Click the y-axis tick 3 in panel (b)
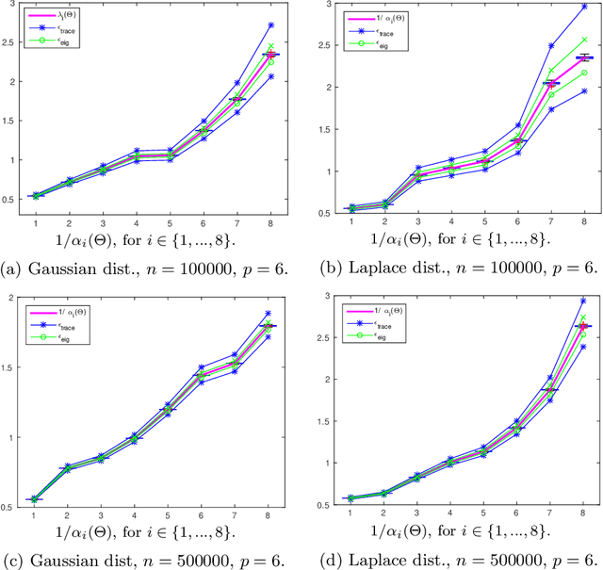(x=319, y=6)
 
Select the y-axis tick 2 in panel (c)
(x=13, y=299)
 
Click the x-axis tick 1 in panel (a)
(x=36, y=223)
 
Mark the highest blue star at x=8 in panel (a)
(x=271, y=25)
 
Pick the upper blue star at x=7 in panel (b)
(x=551, y=45)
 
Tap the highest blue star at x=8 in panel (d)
(x=583, y=301)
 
